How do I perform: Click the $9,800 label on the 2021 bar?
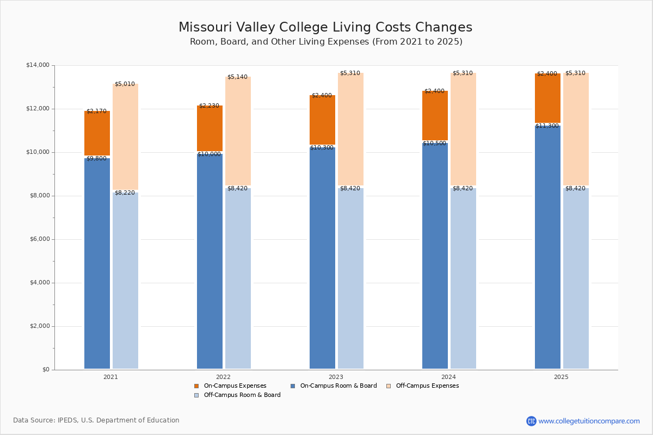pyautogui.click(x=96, y=158)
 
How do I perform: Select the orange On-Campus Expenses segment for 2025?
pyautogui.click(x=547, y=98)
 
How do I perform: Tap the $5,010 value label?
pyautogui.click(x=125, y=84)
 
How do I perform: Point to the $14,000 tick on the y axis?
pyautogui.click(x=38, y=65)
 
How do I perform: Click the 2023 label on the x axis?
pyautogui.click(x=336, y=377)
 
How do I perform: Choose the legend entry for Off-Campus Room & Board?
pyautogui.click(x=237, y=395)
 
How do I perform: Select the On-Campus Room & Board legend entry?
pyautogui.click(x=334, y=386)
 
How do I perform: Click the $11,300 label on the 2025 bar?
pyautogui.click(x=547, y=126)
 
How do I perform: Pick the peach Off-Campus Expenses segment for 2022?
pyautogui.click(x=238, y=131)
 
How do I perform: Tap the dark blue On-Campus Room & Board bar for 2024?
pyautogui.click(x=435, y=256)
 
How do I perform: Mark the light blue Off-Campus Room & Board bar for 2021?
pyautogui.click(x=125, y=281)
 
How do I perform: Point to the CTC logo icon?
pyautogui.click(x=531, y=421)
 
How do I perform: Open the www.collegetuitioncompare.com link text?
pyautogui.click(x=589, y=421)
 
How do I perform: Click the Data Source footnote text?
pyautogui.click(x=96, y=420)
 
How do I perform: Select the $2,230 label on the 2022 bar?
pyautogui.click(x=209, y=106)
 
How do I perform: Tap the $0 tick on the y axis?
pyautogui.click(x=46, y=370)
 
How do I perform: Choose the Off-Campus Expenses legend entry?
pyautogui.click(x=422, y=386)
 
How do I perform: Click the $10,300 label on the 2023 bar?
pyautogui.click(x=322, y=148)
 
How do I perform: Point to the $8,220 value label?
pyautogui.click(x=125, y=193)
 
